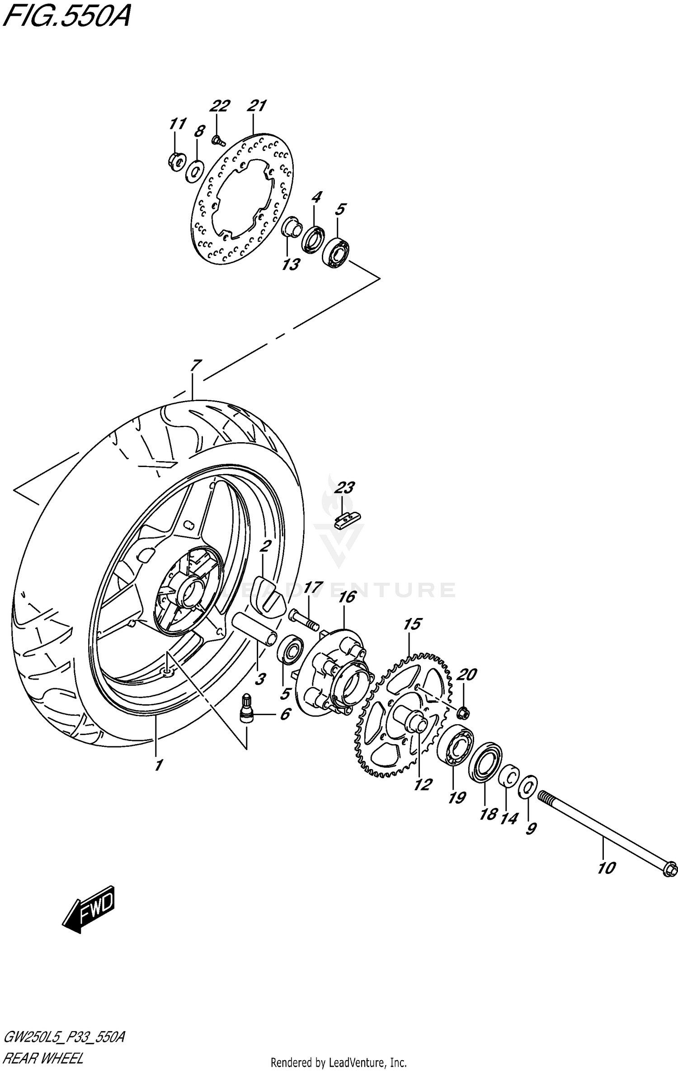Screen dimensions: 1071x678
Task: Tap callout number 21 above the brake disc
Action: click(256, 106)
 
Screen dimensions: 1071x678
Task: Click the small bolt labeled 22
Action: click(218, 141)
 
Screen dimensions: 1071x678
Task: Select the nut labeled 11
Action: click(177, 160)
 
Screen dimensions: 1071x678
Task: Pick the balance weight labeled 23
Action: click(348, 520)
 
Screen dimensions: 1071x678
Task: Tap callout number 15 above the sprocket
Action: click(412, 624)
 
